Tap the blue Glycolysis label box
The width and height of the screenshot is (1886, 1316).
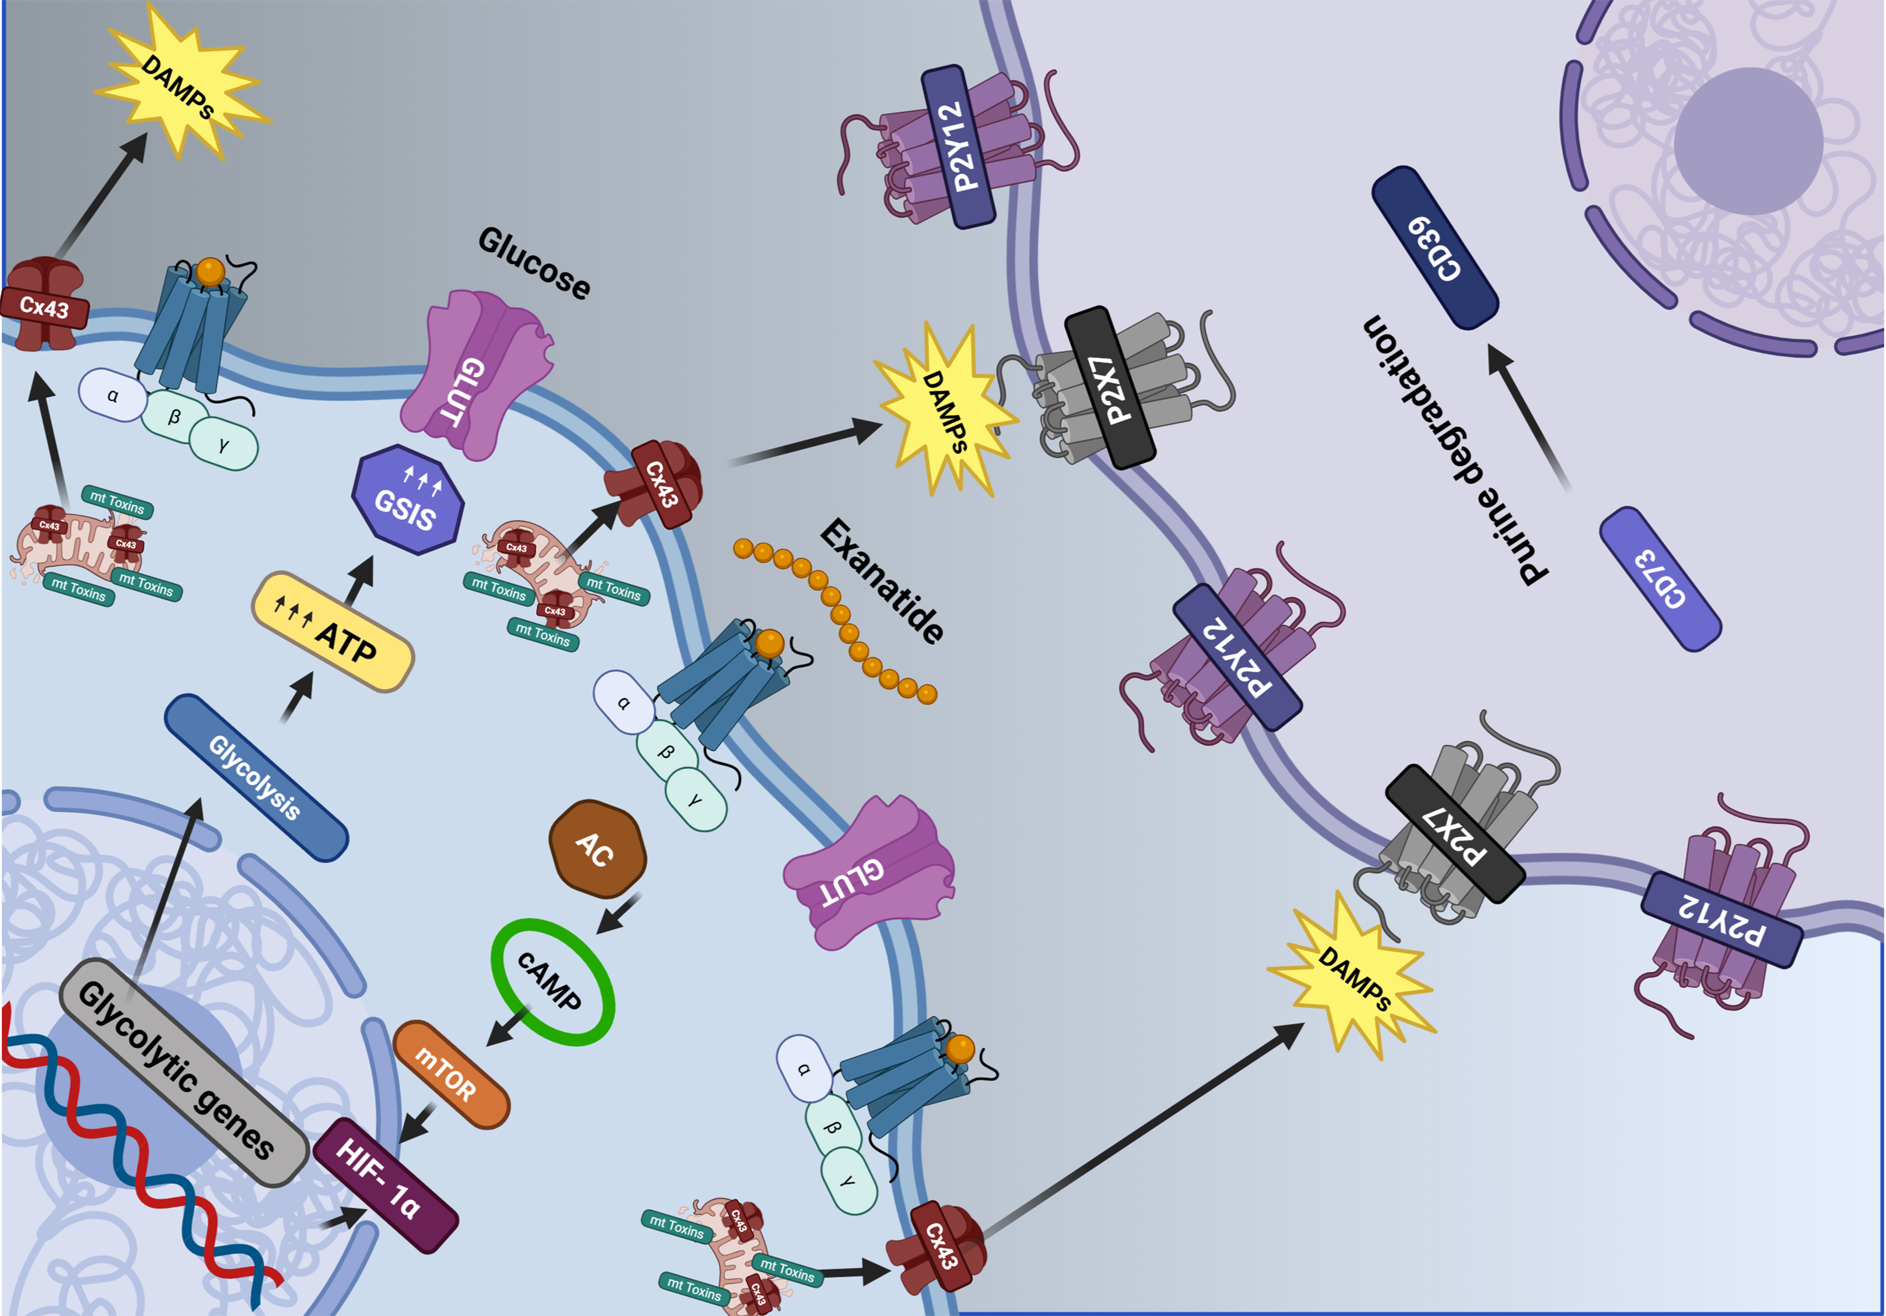(256, 777)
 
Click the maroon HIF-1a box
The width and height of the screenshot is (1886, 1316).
(384, 1185)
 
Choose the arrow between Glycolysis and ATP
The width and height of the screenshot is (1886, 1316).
(297, 697)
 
